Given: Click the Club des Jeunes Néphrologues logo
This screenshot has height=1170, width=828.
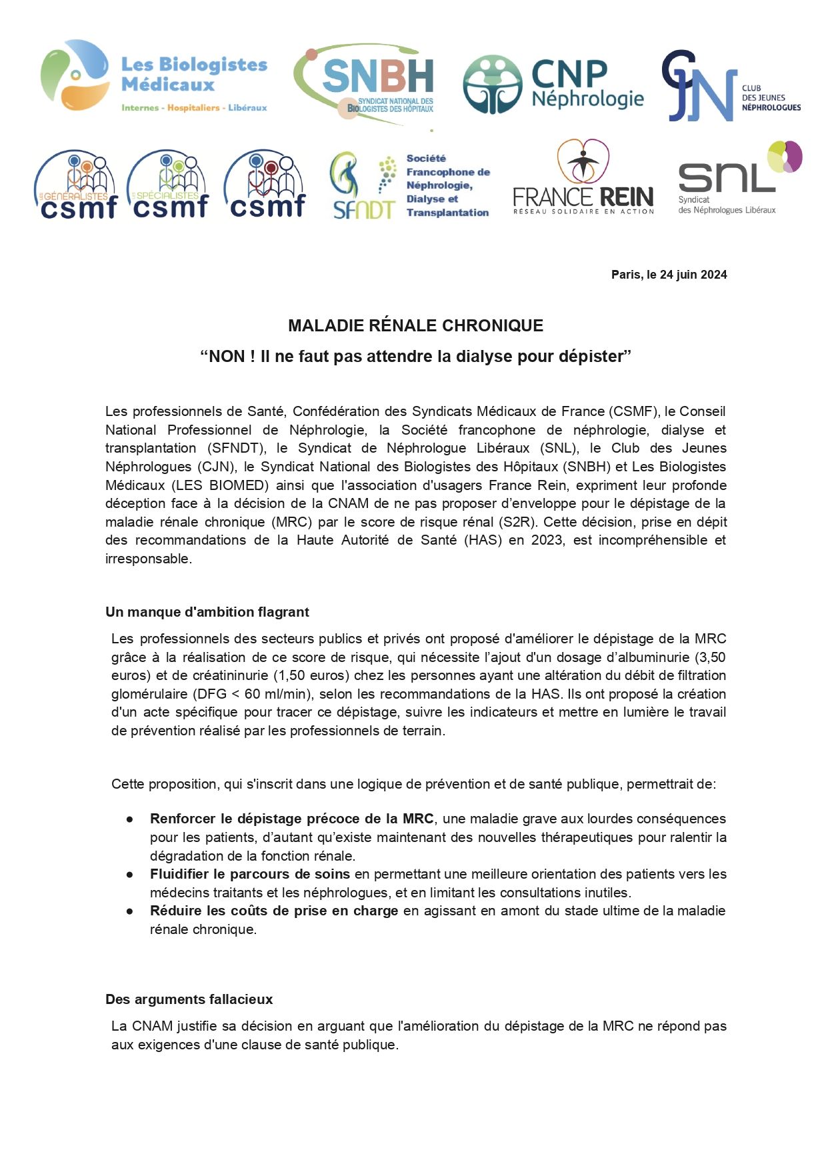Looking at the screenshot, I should [x=731, y=87].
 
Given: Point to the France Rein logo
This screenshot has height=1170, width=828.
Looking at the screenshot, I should [x=583, y=178].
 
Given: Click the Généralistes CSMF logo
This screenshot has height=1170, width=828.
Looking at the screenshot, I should [x=75, y=185].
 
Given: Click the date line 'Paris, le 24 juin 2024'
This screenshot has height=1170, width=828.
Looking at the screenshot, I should [x=669, y=275].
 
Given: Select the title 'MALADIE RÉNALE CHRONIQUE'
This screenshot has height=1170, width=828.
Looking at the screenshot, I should [x=415, y=325].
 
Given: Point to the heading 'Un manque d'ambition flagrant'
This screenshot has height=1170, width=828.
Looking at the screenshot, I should [x=207, y=612].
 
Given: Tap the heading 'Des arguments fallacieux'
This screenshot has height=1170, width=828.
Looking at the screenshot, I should [x=189, y=999].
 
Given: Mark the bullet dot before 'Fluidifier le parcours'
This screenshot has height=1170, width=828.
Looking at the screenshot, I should [x=130, y=874].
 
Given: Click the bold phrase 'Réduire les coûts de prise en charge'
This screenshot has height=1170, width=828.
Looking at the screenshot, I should [x=274, y=911].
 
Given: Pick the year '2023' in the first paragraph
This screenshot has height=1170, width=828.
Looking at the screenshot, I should [x=547, y=540].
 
